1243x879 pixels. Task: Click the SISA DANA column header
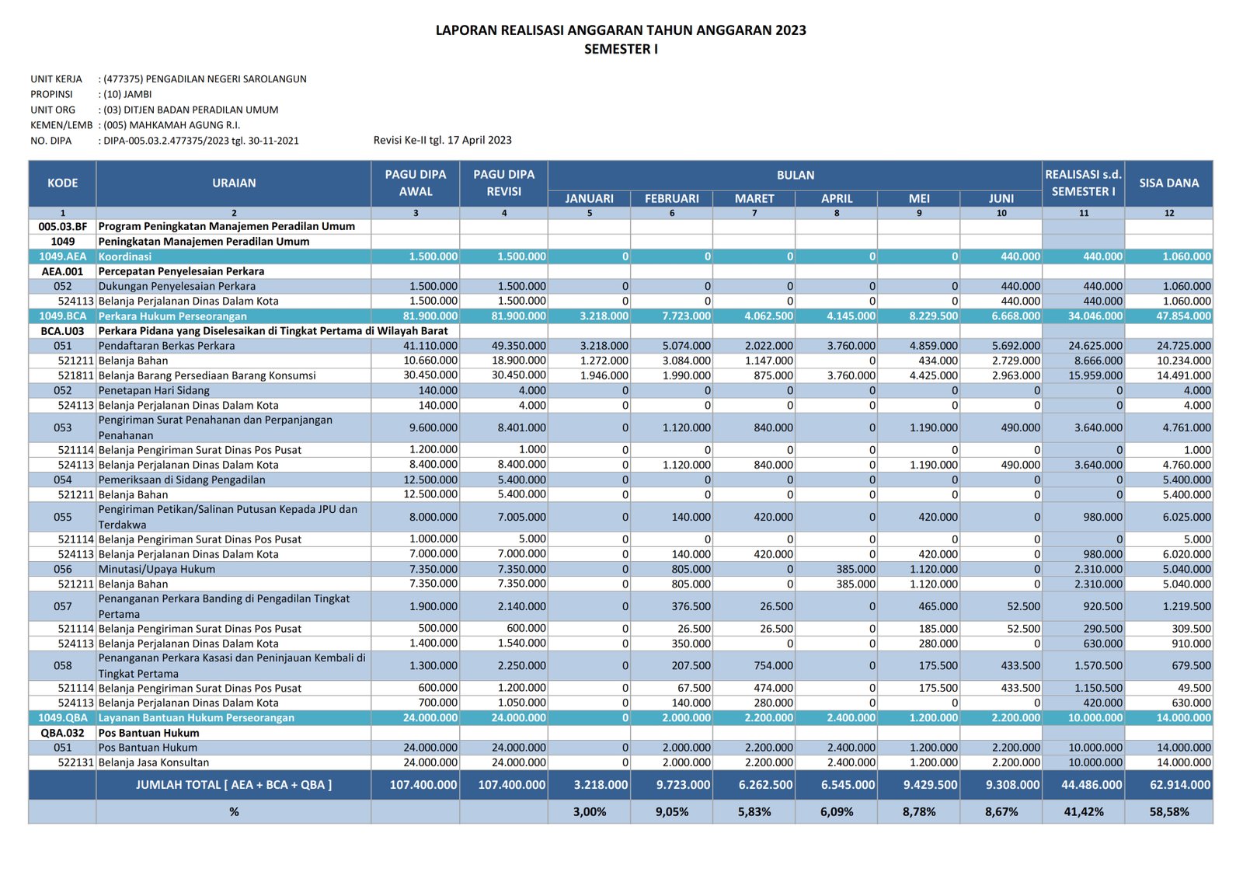[x=1168, y=183]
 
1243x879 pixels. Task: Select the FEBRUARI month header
[x=671, y=198]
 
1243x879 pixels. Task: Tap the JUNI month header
[x=1001, y=198]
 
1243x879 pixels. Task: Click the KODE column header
[x=63, y=183]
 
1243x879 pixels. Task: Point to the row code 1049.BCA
[x=63, y=316]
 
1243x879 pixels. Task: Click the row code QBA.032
[x=63, y=733]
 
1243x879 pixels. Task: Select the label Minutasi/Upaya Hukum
[x=157, y=569]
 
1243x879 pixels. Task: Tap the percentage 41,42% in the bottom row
[x=1083, y=812]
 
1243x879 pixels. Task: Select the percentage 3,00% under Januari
[x=590, y=812]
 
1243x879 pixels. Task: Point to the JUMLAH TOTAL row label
[x=234, y=785]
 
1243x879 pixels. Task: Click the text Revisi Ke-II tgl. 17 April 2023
[x=442, y=140]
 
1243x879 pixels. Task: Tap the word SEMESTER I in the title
[x=621, y=49]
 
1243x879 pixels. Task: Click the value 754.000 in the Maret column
[x=773, y=666]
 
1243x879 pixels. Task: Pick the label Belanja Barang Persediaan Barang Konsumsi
[x=207, y=375]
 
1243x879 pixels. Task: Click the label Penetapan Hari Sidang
[x=154, y=390]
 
